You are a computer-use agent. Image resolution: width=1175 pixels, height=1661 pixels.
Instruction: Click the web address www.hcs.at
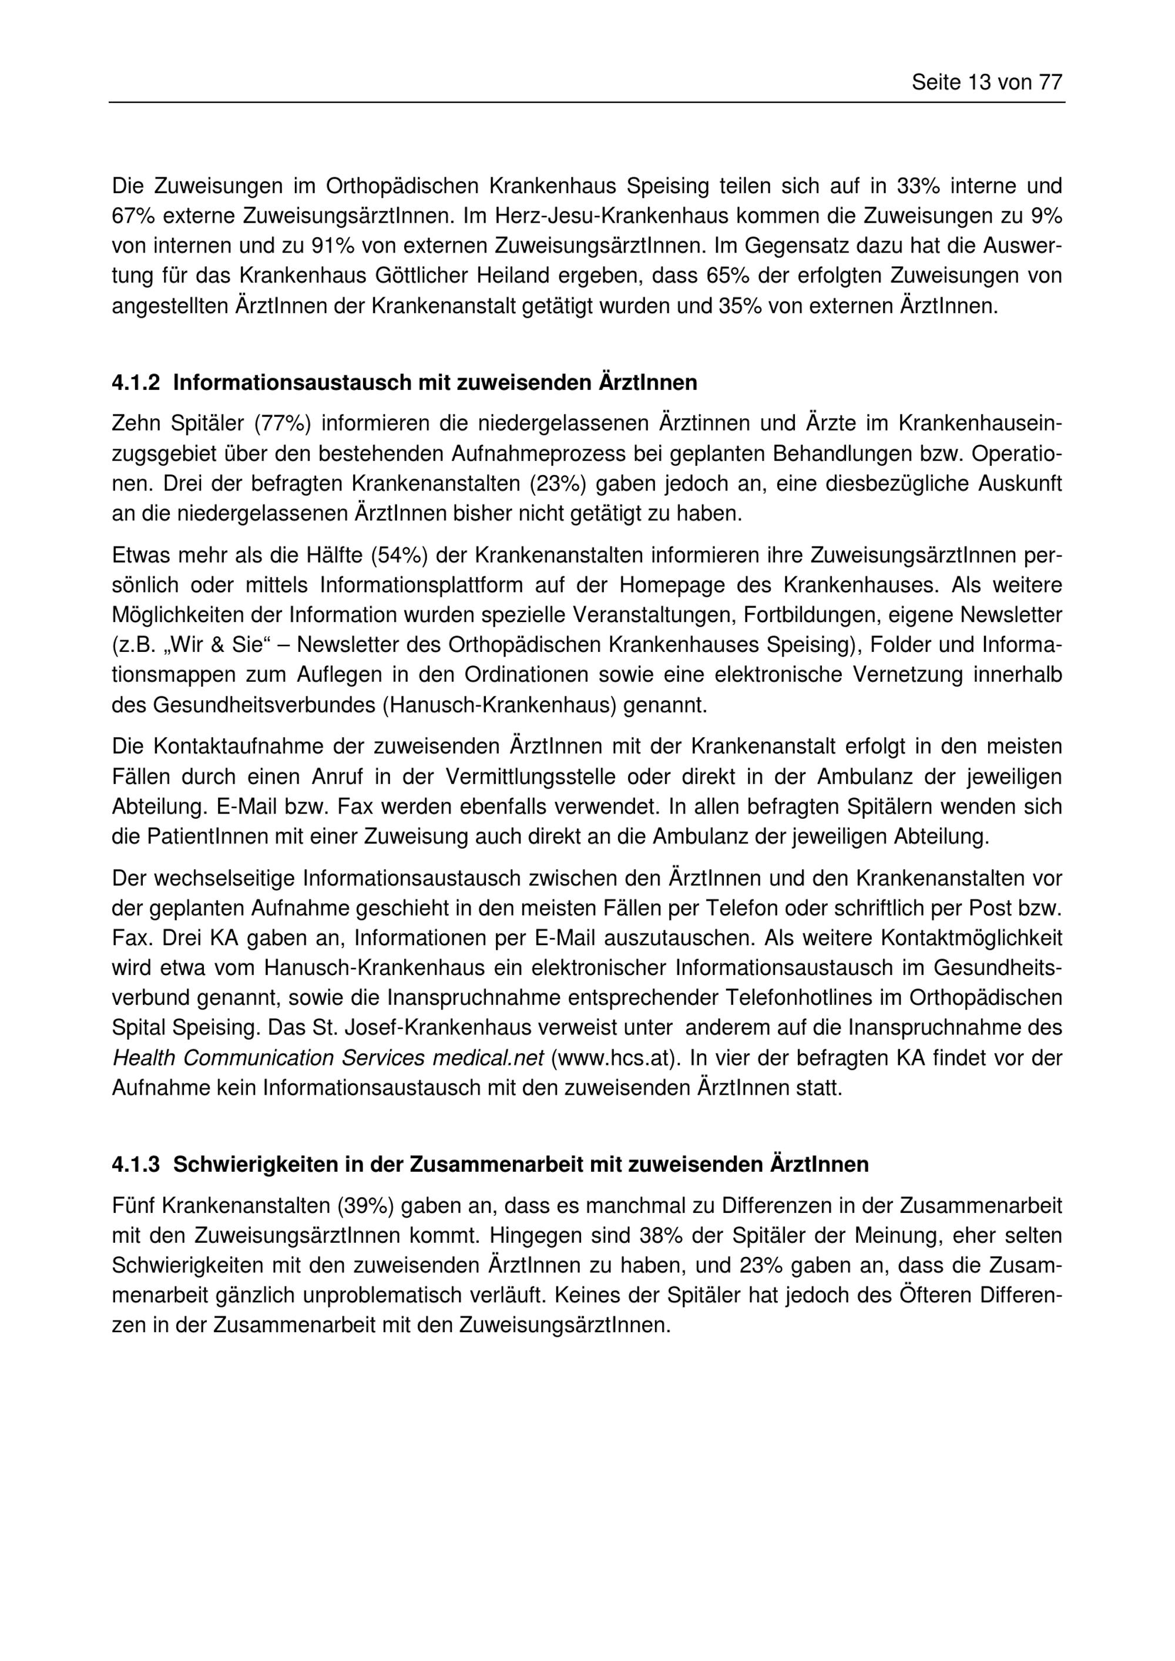pos(616,1058)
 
